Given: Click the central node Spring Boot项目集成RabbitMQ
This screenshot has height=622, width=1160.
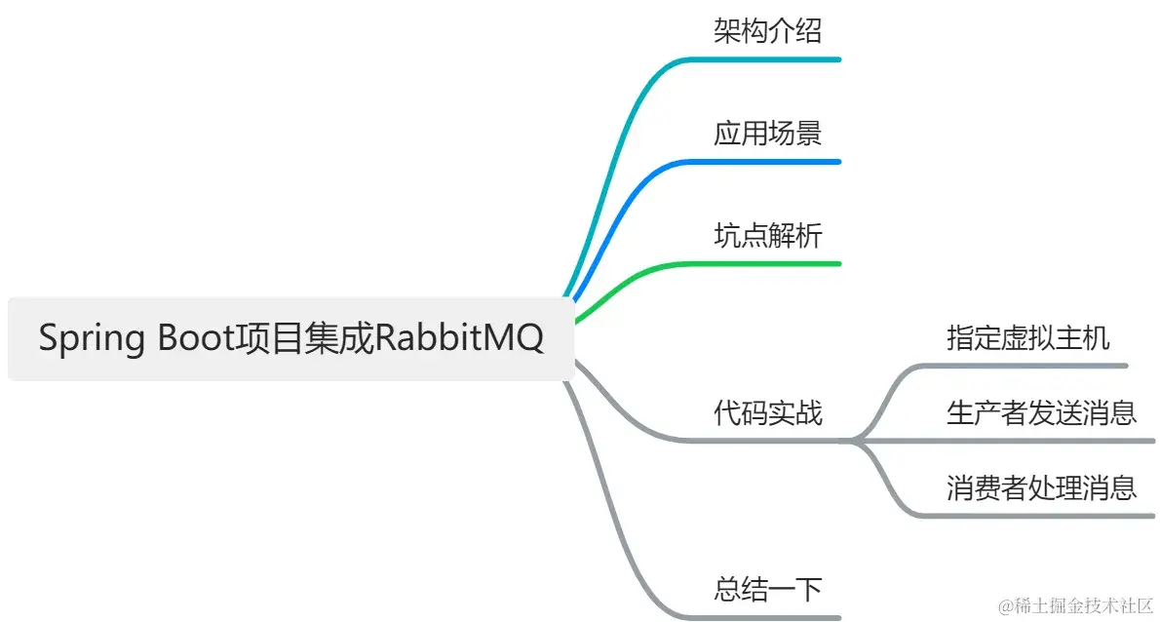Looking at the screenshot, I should click(290, 339).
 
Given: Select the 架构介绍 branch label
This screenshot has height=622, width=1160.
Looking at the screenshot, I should click(767, 31).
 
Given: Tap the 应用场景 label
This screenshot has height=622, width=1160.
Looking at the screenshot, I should click(767, 134).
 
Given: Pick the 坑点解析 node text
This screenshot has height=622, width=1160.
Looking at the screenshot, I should click(767, 236).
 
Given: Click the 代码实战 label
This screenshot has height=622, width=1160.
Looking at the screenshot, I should click(767, 412).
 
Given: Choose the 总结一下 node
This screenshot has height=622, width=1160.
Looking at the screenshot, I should click(767, 589).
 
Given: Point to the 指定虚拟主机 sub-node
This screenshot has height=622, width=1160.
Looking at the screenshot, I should click(1027, 338).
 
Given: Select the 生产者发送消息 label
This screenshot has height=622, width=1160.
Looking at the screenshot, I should click(1041, 412).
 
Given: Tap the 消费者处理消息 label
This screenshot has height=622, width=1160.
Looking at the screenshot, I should click(1041, 486).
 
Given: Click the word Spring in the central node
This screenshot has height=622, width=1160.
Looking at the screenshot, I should click(92, 340).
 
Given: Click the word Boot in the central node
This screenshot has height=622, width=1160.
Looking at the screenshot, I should click(192, 339).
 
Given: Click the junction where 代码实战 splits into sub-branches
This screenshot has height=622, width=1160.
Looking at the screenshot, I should click(854, 441).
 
